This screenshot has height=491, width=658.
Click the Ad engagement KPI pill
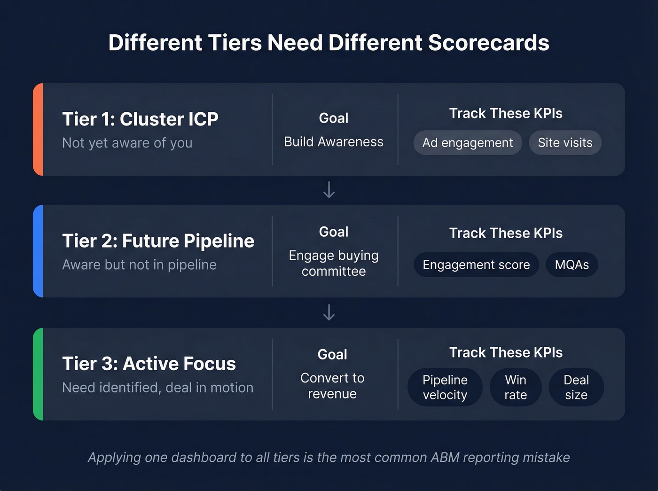[468, 143]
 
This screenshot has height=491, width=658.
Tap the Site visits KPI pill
[565, 143]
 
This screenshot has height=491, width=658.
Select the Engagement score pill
[476, 265]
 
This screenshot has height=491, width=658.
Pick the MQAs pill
[572, 265]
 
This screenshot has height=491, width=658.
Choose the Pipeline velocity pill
[445, 387]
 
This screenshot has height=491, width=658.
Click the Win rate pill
[516, 387]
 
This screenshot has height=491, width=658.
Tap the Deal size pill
[576, 387]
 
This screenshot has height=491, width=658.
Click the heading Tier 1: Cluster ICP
[140, 119]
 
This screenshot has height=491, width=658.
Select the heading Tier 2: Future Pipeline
[158, 241]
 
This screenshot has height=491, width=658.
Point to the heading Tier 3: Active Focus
[149, 364]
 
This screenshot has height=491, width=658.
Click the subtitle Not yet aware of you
[127, 143]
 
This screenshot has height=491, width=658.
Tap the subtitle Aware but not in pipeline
[139, 265]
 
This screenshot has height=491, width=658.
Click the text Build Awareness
[334, 142]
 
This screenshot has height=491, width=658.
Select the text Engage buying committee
[334, 263]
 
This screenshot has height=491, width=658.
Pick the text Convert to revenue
[332, 386]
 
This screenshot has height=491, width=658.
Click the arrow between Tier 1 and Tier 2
[329, 190]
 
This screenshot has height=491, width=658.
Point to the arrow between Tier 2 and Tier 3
[329, 312]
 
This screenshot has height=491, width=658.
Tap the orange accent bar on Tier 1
[38, 129]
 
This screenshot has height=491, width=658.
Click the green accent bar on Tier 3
[38, 374]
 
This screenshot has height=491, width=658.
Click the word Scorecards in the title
[489, 43]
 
